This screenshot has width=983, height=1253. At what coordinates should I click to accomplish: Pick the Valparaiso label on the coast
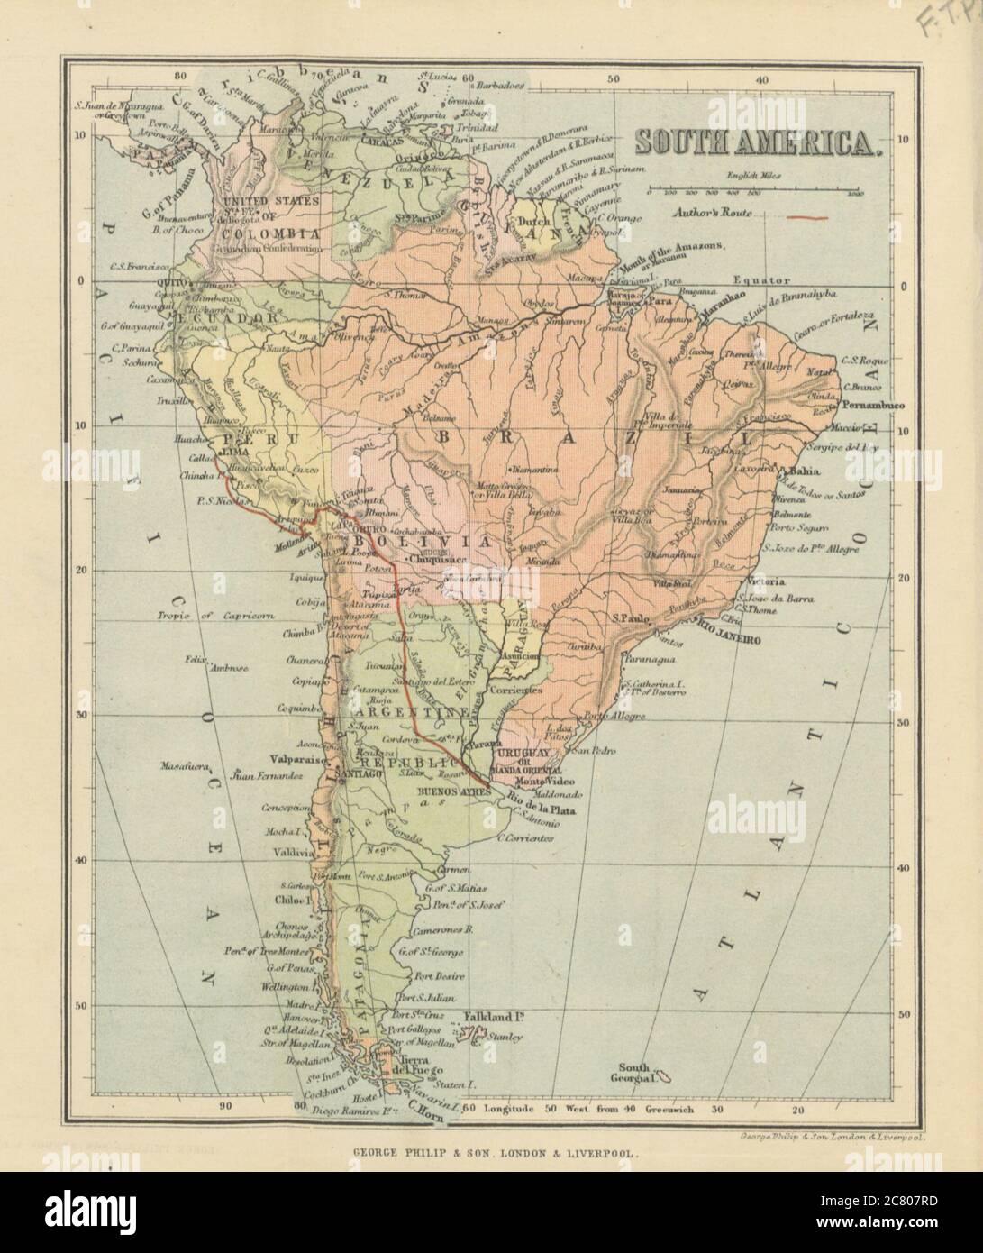tap(300, 760)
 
